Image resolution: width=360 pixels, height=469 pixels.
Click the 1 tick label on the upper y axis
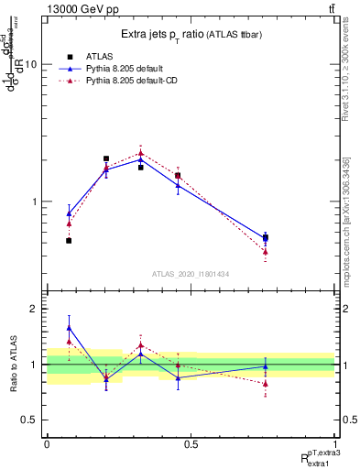(34, 202)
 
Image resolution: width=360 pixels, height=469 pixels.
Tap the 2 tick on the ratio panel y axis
(34, 309)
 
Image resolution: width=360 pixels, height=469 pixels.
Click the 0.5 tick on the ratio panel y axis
(30, 420)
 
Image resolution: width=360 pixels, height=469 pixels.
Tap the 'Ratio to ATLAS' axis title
(13, 365)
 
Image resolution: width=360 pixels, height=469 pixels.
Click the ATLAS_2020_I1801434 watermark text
(191, 274)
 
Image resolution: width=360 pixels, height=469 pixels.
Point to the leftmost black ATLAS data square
(69, 240)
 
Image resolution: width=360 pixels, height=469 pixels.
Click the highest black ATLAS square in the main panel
(106, 158)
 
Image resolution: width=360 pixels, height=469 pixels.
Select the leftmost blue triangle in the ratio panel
(69, 327)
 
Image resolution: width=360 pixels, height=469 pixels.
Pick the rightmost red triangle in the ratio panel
(265, 384)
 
